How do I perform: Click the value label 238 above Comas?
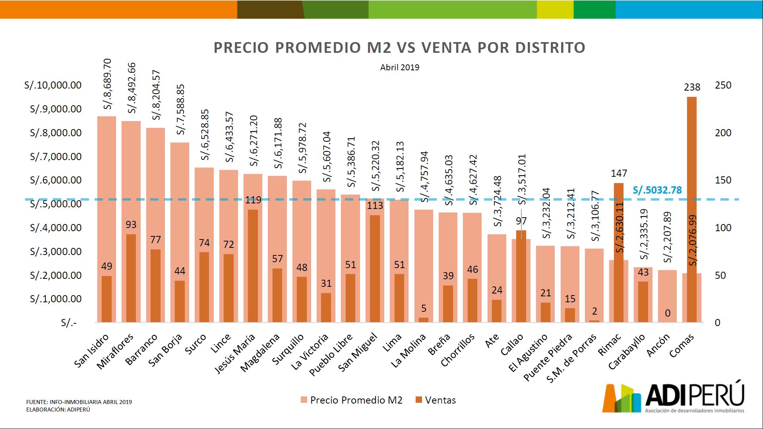click(692, 87)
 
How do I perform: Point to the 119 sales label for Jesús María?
click(253, 200)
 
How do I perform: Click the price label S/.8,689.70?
click(108, 84)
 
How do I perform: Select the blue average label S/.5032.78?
click(657, 190)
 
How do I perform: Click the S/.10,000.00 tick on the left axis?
click(53, 85)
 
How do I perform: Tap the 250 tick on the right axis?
click(722, 85)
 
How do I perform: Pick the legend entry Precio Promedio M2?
click(351, 400)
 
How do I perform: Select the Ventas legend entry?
click(436, 400)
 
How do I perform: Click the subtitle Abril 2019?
click(399, 68)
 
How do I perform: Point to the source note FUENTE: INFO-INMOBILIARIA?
click(79, 402)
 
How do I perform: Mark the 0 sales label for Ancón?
click(668, 313)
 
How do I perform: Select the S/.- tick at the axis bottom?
click(69, 323)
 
